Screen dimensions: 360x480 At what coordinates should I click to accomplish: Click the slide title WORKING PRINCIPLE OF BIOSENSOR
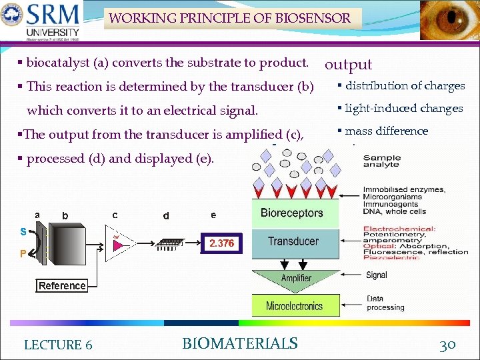pyautogui.click(x=229, y=18)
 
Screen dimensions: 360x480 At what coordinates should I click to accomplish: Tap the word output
pyautogui.click(x=348, y=65)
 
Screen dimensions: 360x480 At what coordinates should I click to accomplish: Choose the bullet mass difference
pyautogui.click(x=386, y=131)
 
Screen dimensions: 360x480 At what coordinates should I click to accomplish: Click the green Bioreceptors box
pyautogui.click(x=292, y=213)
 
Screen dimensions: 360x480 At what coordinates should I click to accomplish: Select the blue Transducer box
pyautogui.click(x=293, y=241)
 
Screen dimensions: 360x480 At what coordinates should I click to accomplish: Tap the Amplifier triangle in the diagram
pyautogui.click(x=296, y=277)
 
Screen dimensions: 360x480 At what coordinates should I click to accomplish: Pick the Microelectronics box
pyautogui.click(x=294, y=306)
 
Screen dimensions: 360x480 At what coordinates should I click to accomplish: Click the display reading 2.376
pyautogui.click(x=221, y=243)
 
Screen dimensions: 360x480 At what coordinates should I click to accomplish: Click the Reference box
pyautogui.click(x=62, y=286)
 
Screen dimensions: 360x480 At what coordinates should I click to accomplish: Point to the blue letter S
pyautogui.click(x=23, y=232)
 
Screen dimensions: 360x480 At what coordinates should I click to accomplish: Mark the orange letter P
pyautogui.click(x=23, y=254)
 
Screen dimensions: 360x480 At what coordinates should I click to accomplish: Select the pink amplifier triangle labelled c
pyautogui.click(x=120, y=245)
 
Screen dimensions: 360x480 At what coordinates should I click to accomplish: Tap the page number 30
pyautogui.click(x=447, y=345)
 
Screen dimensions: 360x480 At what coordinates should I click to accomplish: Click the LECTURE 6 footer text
pyautogui.click(x=58, y=345)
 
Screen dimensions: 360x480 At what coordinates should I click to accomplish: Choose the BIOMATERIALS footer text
pyautogui.click(x=240, y=344)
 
